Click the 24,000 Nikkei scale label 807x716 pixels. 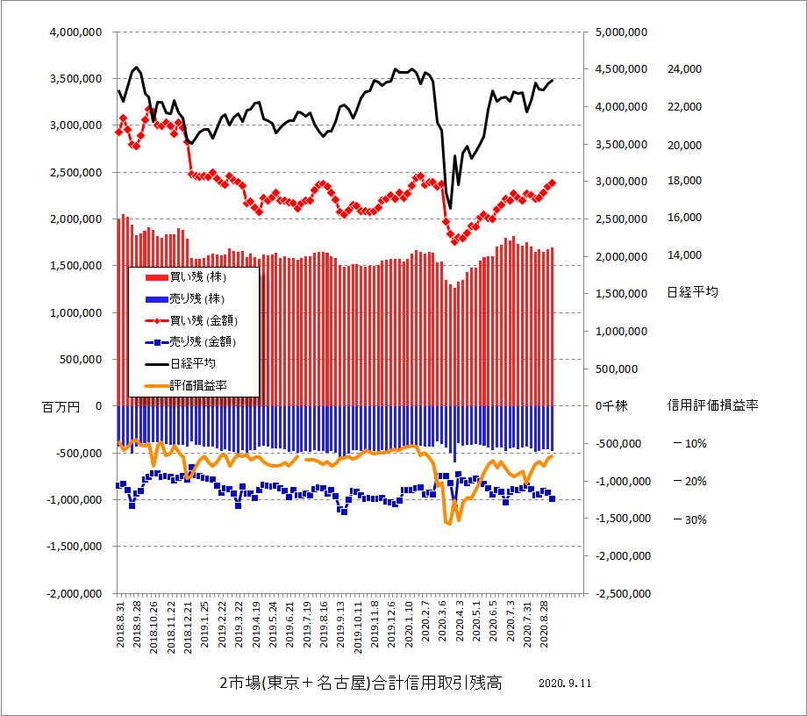[x=684, y=68]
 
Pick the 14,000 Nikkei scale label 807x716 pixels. [x=684, y=255]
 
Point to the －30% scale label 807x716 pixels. [x=689, y=519]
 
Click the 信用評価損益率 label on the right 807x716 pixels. [x=712, y=405]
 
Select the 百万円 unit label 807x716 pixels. [x=61, y=406]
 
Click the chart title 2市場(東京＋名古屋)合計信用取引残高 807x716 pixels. [x=361, y=683]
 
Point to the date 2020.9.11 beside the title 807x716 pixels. [x=566, y=684]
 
